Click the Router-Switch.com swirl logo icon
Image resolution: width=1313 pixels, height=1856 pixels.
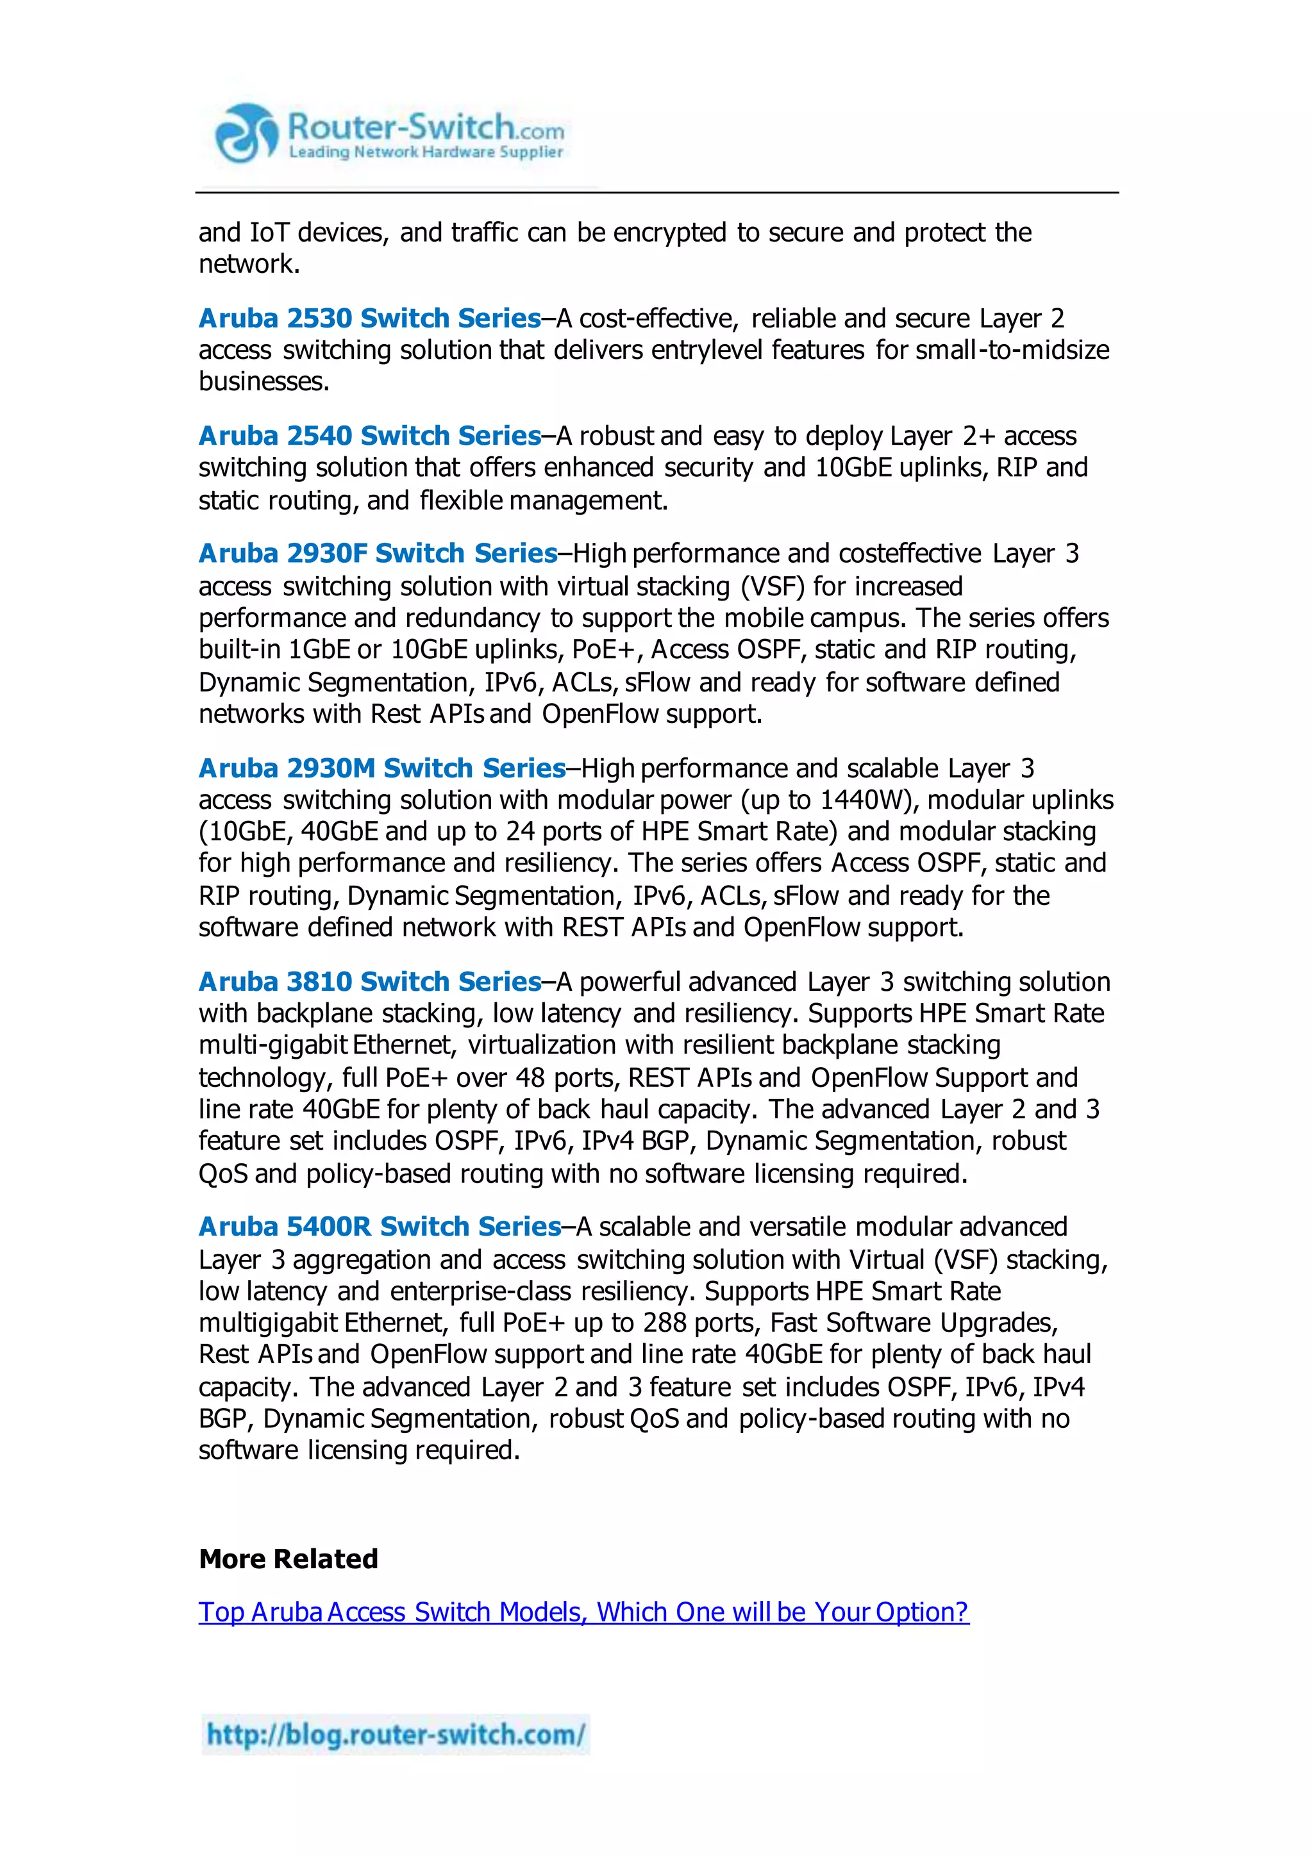[246, 134]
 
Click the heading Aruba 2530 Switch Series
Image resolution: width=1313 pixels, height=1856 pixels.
[369, 319]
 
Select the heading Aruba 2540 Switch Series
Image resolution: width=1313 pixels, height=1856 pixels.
[369, 436]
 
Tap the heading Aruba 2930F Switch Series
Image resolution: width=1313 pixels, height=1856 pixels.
[378, 554]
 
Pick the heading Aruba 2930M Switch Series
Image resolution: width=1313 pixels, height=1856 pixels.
[381, 768]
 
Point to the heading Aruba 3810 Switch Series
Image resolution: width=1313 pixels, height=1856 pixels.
[369, 981]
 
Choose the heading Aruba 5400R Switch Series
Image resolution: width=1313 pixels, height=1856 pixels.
[379, 1227]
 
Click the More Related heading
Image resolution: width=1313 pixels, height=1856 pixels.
[289, 1559]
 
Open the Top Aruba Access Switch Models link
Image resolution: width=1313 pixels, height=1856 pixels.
[583, 1612]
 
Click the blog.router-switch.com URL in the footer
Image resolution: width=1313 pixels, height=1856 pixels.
[396, 1735]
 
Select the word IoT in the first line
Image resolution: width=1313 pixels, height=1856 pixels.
[270, 233]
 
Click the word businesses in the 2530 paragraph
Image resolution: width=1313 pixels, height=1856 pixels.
[263, 381]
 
